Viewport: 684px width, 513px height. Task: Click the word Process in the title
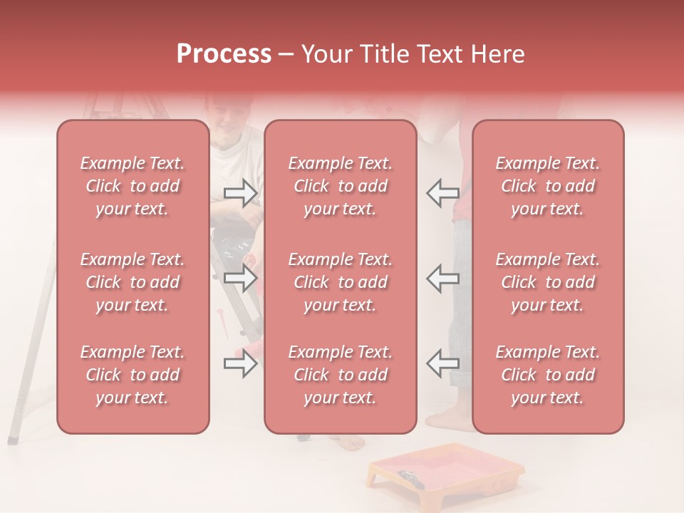pos(224,54)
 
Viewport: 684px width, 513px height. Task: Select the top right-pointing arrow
pos(240,192)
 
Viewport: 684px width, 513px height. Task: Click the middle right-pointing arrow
pos(240,277)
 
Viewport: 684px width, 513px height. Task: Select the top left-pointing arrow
pos(442,192)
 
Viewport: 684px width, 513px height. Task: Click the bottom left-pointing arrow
pos(442,363)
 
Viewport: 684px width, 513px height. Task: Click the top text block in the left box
pos(133,186)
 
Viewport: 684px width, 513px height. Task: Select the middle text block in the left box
pos(133,282)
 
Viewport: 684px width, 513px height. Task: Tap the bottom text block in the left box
pos(133,375)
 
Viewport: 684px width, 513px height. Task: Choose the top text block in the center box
pos(341,186)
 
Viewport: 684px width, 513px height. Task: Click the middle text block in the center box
pos(341,282)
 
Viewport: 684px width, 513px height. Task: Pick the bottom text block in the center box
pos(341,375)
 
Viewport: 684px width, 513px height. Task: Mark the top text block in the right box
pos(548,186)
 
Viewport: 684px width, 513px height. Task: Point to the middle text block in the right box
pos(548,282)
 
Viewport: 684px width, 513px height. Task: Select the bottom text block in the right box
pos(548,375)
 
